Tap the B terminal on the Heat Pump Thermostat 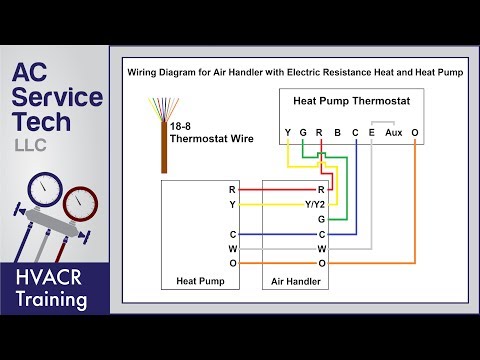pyautogui.click(x=337, y=132)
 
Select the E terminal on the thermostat pyautogui.click(x=371, y=132)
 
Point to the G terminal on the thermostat pyautogui.click(x=303, y=132)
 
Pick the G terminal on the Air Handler pyautogui.click(x=321, y=218)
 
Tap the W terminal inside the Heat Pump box pyautogui.click(x=232, y=247)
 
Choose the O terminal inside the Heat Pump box pyautogui.click(x=232, y=262)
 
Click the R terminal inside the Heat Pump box pyautogui.click(x=232, y=188)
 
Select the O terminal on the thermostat pyautogui.click(x=414, y=132)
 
